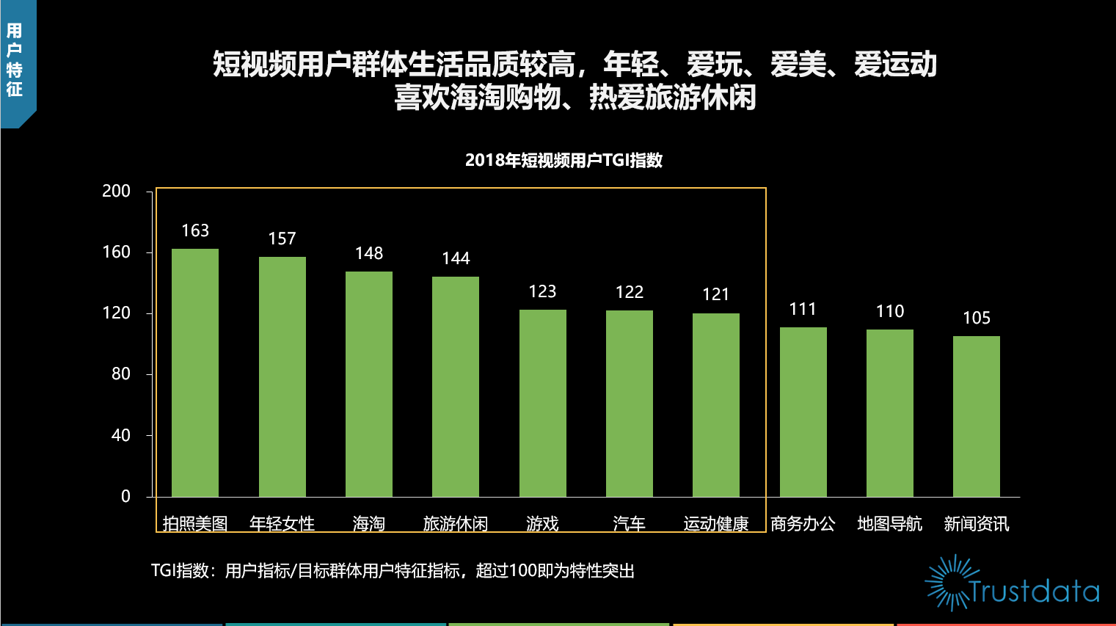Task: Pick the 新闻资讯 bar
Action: [x=977, y=416]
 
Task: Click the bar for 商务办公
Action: [x=803, y=412]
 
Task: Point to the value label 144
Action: [x=456, y=258]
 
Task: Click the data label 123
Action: [x=542, y=291]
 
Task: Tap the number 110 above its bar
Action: [x=890, y=311]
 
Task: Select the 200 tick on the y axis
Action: [x=117, y=192]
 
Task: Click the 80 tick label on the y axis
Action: [x=121, y=374]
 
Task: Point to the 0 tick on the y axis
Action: [x=125, y=497]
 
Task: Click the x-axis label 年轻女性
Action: [x=282, y=523]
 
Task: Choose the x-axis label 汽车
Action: [x=630, y=523]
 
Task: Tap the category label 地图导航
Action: [x=890, y=523]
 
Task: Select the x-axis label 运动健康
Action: [x=716, y=523]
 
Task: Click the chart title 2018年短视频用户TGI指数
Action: [x=564, y=160]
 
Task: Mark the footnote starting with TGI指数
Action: [x=393, y=571]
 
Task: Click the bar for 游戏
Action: [x=543, y=403]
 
